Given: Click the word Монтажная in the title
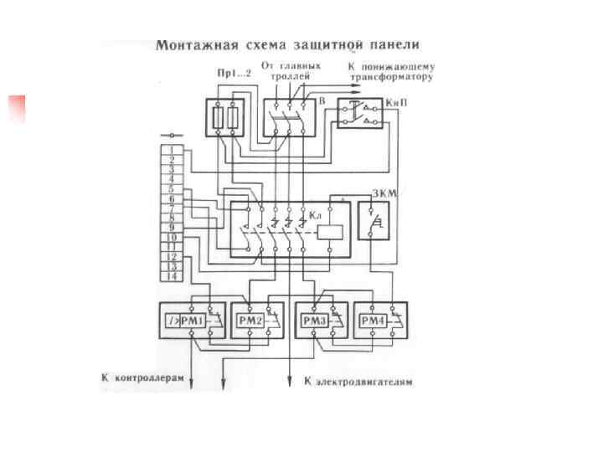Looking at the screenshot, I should [x=195, y=43].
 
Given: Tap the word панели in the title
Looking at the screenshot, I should [x=394, y=43].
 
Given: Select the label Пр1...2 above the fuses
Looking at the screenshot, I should [x=234, y=74].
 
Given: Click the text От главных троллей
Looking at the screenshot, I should [x=291, y=69].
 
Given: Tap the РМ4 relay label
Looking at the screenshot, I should [x=371, y=321].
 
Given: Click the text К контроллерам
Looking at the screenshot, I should [x=142, y=379].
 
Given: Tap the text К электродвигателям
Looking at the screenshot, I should [x=358, y=382].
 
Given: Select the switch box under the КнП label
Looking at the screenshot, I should [x=360, y=112].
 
